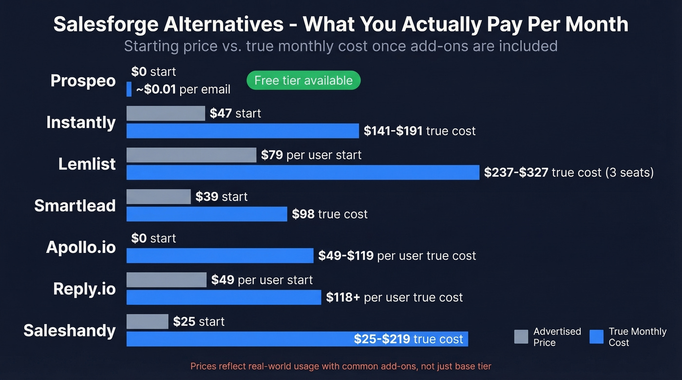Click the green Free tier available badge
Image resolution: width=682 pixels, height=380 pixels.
tap(303, 80)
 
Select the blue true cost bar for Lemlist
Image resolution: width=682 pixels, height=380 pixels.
tap(303, 172)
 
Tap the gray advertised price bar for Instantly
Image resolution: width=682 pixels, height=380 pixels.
tap(166, 113)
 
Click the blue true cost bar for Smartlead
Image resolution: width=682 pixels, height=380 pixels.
tap(207, 214)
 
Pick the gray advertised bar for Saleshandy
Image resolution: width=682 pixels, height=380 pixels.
tap(147, 322)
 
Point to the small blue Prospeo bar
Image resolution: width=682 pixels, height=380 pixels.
tap(129, 89)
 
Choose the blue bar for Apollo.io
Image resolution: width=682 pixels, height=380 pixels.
tap(220, 255)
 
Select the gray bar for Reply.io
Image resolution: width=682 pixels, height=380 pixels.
tap(167, 280)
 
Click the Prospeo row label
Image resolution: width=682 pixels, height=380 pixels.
tap(83, 80)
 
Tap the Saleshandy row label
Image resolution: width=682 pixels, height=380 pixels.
tap(70, 330)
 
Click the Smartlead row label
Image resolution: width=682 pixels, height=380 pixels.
tap(75, 205)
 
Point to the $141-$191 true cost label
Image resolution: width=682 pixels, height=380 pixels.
tap(419, 131)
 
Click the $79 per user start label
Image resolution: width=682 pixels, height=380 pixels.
tap(311, 155)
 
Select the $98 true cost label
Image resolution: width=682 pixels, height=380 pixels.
tap(329, 214)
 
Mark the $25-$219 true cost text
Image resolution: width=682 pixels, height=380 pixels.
tap(408, 339)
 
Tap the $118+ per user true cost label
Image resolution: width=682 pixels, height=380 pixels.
tap(394, 297)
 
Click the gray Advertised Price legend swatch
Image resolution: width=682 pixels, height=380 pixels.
tap(521, 337)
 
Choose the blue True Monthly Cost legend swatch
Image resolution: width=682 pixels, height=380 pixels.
tap(596, 337)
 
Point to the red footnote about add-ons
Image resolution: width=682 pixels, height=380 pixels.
tap(341, 366)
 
